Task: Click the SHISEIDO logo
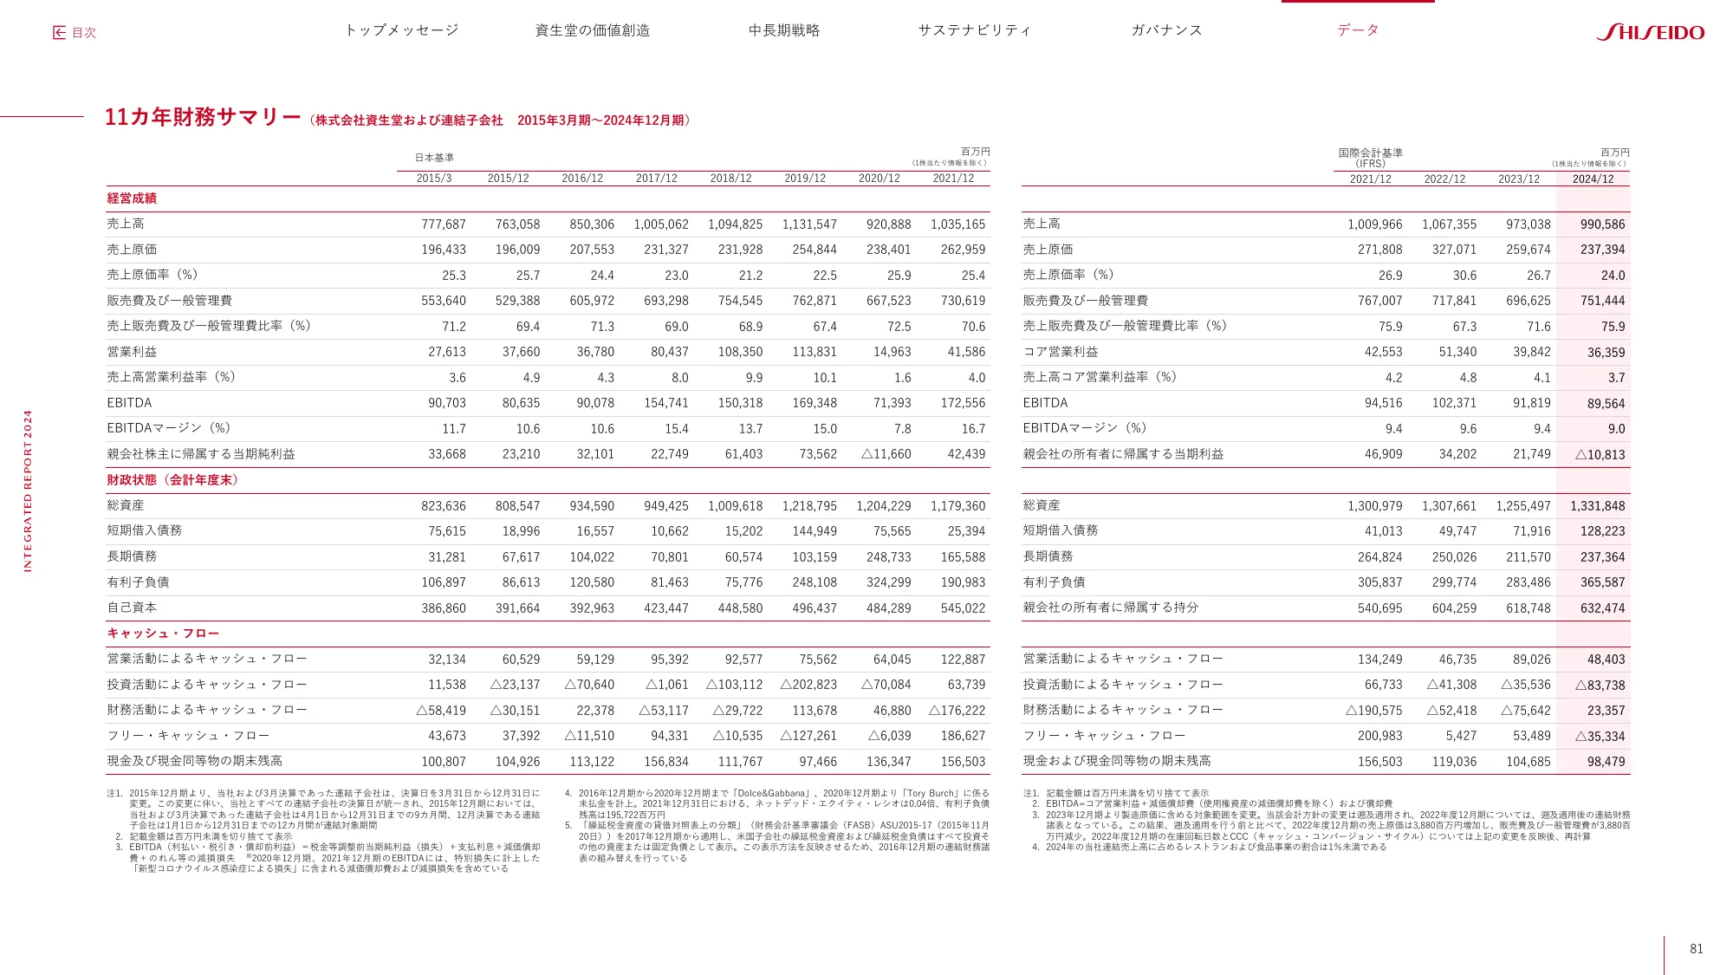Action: tap(1650, 32)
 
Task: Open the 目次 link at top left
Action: tap(75, 33)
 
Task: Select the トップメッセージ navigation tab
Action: tap(401, 30)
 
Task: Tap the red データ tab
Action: tap(1358, 30)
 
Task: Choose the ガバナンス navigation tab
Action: tap(1166, 30)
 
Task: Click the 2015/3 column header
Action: tap(433, 179)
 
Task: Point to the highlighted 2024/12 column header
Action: tap(1593, 179)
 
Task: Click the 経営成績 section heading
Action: tap(132, 198)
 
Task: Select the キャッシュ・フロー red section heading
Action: tap(163, 634)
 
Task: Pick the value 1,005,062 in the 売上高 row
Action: tap(661, 224)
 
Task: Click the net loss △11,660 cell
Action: tap(886, 454)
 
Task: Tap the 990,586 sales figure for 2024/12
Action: tap(1602, 224)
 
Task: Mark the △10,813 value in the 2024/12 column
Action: tap(1600, 455)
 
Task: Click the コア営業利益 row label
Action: tap(1061, 352)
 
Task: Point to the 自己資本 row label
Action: tap(132, 608)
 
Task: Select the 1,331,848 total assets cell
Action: tap(1597, 506)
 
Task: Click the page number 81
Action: tap(1696, 949)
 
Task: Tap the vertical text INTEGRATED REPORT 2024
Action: tap(28, 491)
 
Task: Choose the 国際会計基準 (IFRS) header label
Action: tap(1370, 158)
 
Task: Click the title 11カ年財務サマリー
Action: tap(203, 118)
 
